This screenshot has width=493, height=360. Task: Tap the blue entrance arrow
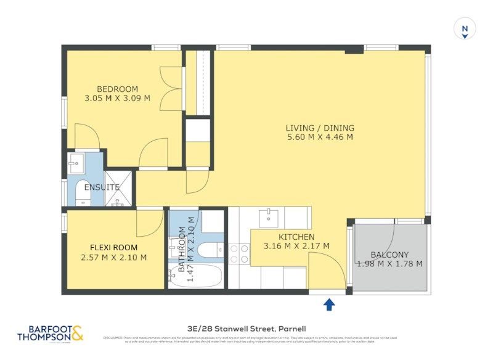(x=329, y=303)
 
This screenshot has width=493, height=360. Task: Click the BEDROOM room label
(x=117, y=89)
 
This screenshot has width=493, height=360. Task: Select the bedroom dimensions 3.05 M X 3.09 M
(x=117, y=98)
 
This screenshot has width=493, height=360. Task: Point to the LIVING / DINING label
(x=320, y=128)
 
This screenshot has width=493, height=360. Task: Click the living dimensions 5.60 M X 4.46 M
(x=320, y=137)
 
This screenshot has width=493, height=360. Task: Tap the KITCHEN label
(x=296, y=237)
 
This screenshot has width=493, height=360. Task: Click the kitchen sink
(x=268, y=218)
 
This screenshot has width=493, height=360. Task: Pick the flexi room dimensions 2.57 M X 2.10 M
(x=114, y=258)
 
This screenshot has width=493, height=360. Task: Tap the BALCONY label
(x=389, y=255)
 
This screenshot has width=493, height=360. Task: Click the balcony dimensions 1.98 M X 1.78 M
(x=389, y=264)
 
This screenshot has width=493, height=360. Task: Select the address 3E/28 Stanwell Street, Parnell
(x=246, y=329)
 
